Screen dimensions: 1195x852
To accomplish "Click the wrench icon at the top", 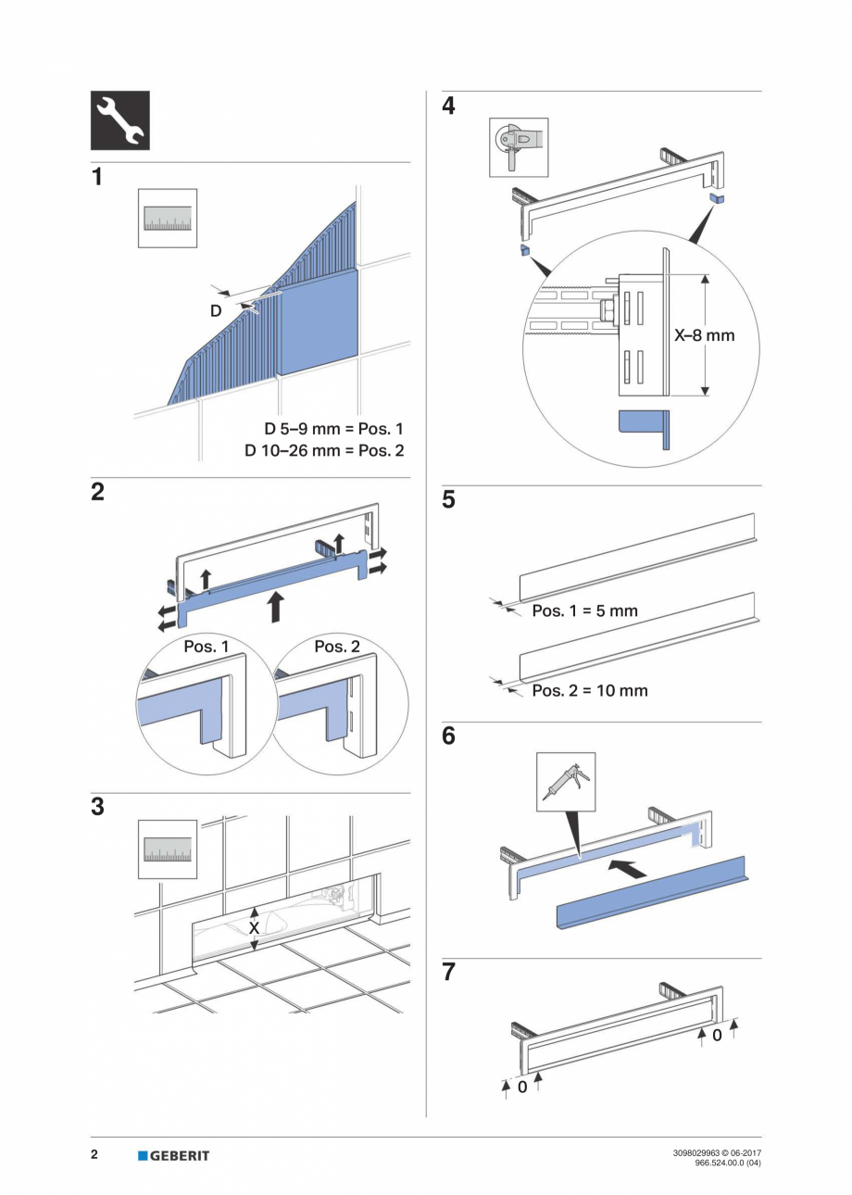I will tap(119, 120).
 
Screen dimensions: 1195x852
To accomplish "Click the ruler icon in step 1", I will tap(168, 218).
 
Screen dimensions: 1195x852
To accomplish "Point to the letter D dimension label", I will tap(215, 311).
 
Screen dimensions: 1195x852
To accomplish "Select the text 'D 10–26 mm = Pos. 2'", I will tap(324, 451).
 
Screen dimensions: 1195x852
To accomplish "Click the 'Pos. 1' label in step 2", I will tap(206, 647).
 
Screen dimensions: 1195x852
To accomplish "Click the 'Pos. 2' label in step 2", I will tap(337, 647).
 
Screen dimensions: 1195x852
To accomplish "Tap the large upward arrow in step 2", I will tap(274, 607).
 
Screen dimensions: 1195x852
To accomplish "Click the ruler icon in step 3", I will tap(168, 849).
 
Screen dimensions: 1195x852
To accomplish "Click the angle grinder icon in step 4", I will tap(519, 146).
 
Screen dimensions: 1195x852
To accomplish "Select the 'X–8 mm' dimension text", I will tap(704, 335).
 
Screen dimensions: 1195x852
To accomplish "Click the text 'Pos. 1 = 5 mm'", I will tap(584, 611).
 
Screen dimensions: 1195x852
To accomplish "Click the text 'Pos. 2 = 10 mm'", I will tap(590, 690).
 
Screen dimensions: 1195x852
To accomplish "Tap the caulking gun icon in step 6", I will tap(567, 781).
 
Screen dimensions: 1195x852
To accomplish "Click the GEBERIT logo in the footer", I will tap(174, 1155).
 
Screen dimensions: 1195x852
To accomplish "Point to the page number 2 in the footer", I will tap(94, 1154).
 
